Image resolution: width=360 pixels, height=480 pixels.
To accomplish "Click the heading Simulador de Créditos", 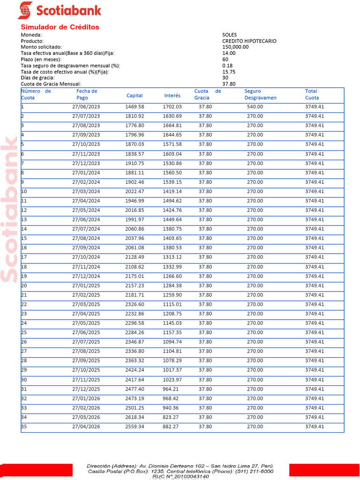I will (x=60, y=27).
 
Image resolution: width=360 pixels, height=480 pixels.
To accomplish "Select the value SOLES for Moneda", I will (x=229, y=35).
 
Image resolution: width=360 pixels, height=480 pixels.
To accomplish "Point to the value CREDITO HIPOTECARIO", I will (x=249, y=41).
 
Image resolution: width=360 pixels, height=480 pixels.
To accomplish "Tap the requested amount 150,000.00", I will (x=235, y=47).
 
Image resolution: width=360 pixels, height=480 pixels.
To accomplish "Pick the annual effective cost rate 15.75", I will (x=229, y=72).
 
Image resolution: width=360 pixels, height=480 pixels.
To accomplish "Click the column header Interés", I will (x=172, y=96).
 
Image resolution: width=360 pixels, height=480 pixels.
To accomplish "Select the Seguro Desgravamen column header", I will (x=260, y=95).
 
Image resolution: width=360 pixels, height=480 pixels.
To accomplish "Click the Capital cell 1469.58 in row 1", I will (x=135, y=107).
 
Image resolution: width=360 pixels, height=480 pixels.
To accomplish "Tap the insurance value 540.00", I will (x=255, y=107).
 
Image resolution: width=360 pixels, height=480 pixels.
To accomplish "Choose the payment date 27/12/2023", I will (x=86, y=163).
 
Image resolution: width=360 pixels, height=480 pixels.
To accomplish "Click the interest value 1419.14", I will (x=172, y=191).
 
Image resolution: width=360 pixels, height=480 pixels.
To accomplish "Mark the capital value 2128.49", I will (x=135, y=257).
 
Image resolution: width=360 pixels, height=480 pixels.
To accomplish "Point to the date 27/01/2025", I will (x=86, y=285).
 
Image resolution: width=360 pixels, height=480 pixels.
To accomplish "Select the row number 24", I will (x=24, y=323).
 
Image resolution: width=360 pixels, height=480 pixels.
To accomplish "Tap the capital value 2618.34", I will (x=135, y=417).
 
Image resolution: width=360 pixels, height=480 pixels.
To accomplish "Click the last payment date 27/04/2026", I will (x=86, y=427).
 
